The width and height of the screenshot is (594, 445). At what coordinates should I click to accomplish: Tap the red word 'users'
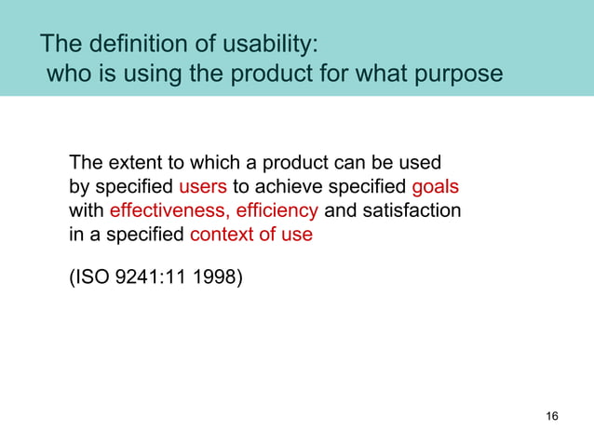coord(203,184)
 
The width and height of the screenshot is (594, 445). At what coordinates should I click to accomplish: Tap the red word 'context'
coord(221,235)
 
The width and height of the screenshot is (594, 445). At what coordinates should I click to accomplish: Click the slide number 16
coord(552,415)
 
